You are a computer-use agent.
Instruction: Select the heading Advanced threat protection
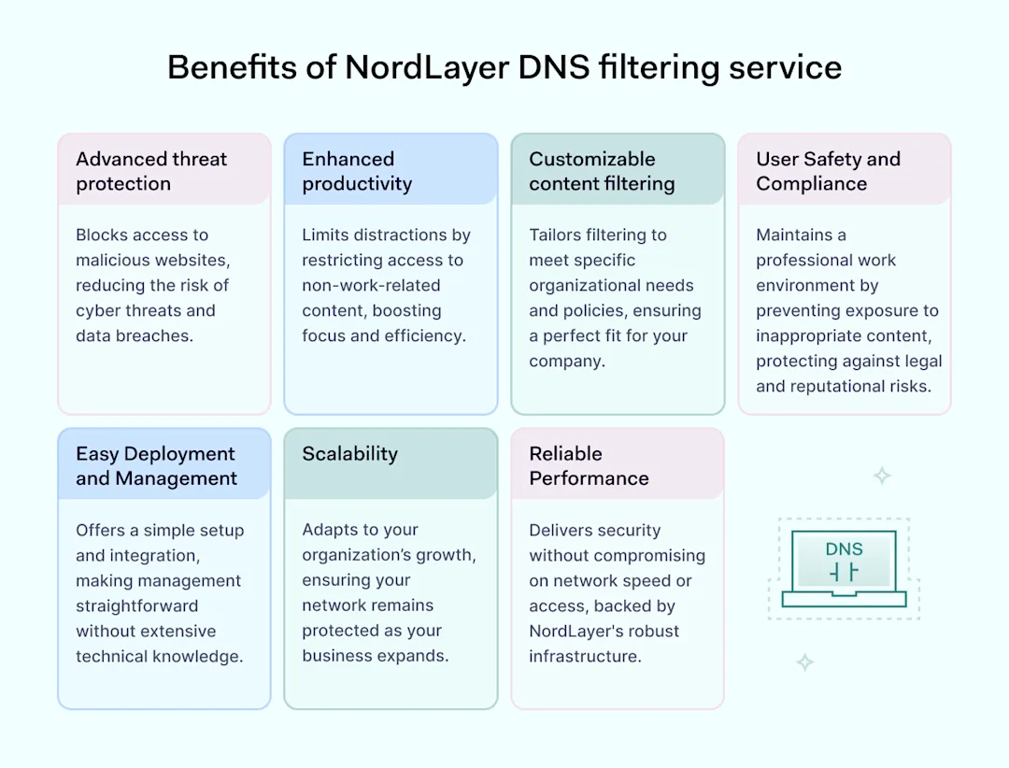150,171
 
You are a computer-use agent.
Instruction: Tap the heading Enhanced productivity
356,171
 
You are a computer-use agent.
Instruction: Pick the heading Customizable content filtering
602,171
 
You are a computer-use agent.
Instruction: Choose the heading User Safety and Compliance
828,171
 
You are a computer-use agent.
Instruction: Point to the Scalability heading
349,454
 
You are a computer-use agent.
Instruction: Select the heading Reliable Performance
589,465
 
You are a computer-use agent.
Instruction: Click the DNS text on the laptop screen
844,549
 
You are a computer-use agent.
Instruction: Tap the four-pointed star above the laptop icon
881,476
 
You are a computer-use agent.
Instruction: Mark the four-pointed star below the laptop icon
804,662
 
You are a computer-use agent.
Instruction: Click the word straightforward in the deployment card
136,605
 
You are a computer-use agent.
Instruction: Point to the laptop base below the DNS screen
844,599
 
